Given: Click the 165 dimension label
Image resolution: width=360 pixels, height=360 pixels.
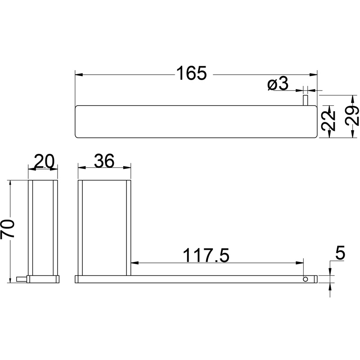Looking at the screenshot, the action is coord(192,73).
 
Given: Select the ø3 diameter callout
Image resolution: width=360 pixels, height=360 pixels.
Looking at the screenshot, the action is coord(278,84).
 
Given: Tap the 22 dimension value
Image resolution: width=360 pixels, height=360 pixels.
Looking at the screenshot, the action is coord(329,121).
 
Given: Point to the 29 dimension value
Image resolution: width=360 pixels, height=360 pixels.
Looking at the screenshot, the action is coord(352,116).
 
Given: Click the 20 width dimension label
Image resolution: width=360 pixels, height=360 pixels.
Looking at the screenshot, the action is coord(44,161).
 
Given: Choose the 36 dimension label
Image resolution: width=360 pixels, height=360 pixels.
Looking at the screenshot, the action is coord(104,161).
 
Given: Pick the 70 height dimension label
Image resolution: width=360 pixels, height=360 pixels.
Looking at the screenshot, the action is coord(8,229).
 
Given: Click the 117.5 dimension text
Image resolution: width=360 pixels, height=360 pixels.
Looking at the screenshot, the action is coord(206,255).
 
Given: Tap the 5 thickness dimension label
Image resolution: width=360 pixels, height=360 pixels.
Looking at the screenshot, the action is coord(340,253).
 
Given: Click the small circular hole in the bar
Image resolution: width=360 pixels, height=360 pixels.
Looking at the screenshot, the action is coord(306,279).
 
